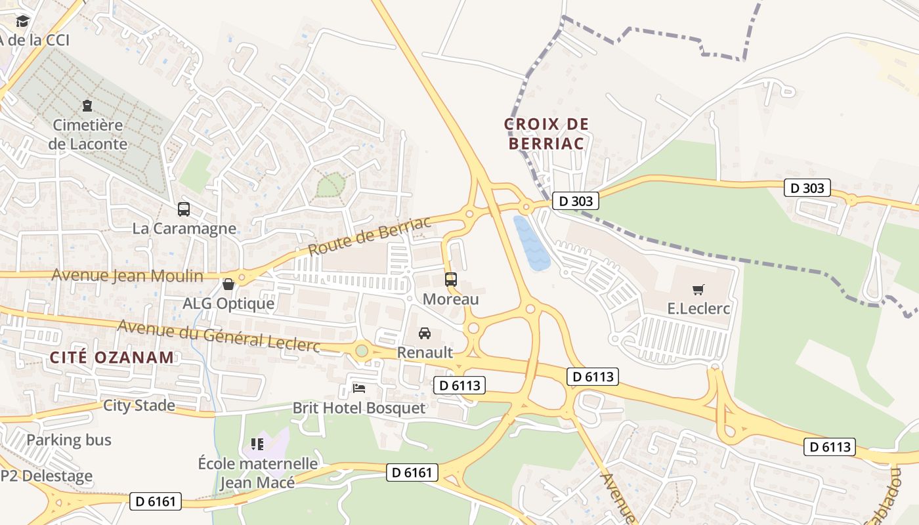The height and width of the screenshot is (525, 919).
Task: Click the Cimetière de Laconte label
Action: tap(87, 134)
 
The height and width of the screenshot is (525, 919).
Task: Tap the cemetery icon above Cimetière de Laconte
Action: tap(87, 106)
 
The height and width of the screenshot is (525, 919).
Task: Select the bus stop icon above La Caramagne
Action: tap(184, 209)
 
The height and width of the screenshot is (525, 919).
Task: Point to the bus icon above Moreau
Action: tap(450, 279)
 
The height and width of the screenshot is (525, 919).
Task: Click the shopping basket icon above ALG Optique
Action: tap(228, 284)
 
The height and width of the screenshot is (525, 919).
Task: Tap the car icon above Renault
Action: tap(425, 333)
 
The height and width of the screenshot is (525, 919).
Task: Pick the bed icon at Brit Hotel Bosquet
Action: tap(358, 388)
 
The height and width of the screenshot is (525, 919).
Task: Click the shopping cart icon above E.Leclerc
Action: tap(698, 289)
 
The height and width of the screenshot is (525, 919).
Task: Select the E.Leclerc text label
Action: tap(698, 308)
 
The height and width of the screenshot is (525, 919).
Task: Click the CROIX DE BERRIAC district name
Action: tap(546, 133)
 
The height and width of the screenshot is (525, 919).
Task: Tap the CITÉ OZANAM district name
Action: tap(112, 358)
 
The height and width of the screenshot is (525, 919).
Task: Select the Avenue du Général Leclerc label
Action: tap(219, 335)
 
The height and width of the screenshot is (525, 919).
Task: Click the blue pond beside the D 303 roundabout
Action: tap(531, 245)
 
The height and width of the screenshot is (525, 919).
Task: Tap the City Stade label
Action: tap(139, 406)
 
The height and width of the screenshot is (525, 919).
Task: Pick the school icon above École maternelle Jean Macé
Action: tap(257, 444)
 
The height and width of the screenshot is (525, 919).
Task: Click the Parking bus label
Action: tap(69, 440)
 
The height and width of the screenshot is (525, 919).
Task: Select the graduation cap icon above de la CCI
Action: tap(23, 21)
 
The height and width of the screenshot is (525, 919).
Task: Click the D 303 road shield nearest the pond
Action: tap(575, 201)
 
